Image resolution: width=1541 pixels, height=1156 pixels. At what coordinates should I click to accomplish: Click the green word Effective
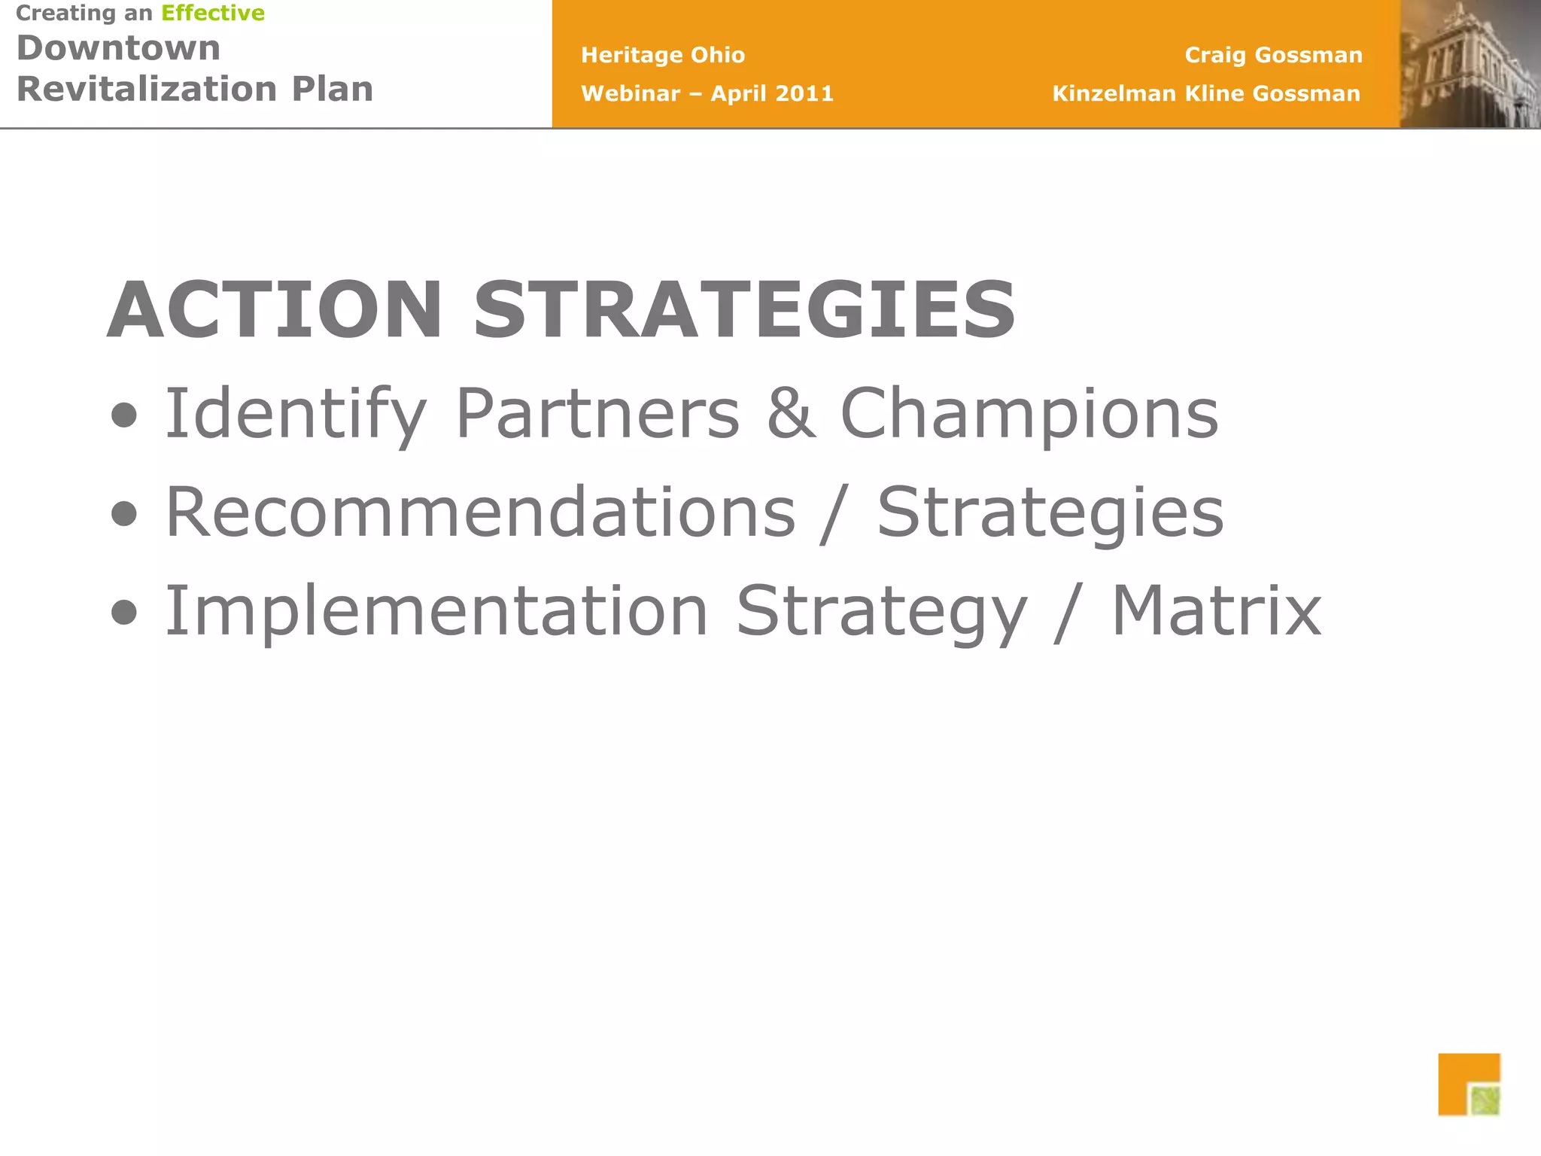pyautogui.click(x=213, y=14)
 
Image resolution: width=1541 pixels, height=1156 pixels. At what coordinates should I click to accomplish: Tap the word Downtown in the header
pyautogui.click(x=119, y=49)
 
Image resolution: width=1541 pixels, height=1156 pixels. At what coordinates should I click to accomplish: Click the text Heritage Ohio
pyautogui.click(x=663, y=55)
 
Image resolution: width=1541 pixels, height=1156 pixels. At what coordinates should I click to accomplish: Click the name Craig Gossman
pyautogui.click(x=1273, y=55)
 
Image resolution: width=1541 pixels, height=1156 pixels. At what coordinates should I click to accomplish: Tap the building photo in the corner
pyautogui.click(x=1470, y=64)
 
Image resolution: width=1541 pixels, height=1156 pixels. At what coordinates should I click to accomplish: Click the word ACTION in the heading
pyautogui.click(x=275, y=310)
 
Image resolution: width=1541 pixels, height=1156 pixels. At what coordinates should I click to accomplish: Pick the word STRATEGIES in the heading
pyautogui.click(x=744, y=310)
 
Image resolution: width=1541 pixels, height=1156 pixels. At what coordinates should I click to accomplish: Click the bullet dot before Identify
pyautogui.click(x=124, y=415)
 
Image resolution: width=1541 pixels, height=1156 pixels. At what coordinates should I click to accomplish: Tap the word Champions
pyautogui.click(x=1029, y=414)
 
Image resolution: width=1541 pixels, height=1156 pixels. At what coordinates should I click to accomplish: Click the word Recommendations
pyautogui.click(x=480, y=512)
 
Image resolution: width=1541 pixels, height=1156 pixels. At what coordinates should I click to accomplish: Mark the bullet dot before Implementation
pyautogui.click(x=124, y=613)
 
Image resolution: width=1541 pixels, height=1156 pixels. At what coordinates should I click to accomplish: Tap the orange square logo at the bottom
pyautogui.click(x=1468, y=1085)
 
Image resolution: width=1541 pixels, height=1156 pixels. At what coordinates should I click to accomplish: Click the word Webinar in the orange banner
pyautogui.click(x=631, y=93)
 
